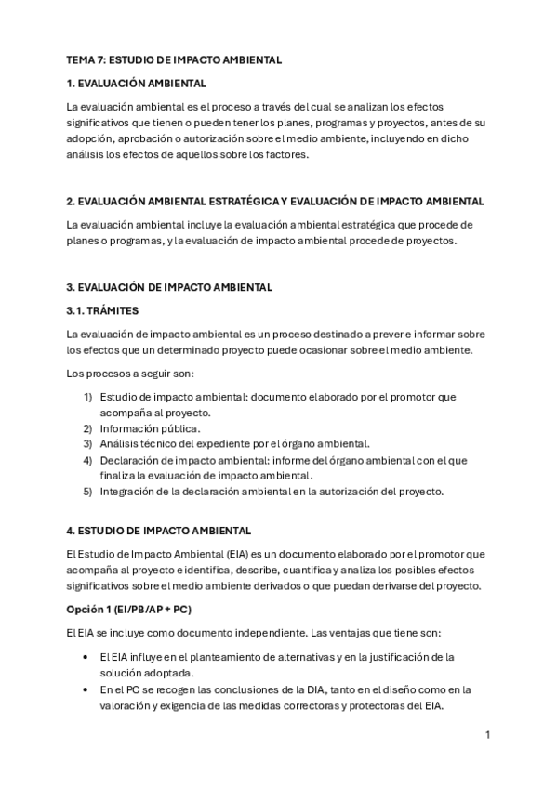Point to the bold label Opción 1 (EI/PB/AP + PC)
[x=130, y=610]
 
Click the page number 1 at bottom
[x=487, y=735]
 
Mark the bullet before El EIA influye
[x=86, y=657]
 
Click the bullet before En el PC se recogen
[x=86, y=689]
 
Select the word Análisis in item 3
[x=122, y=444]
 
